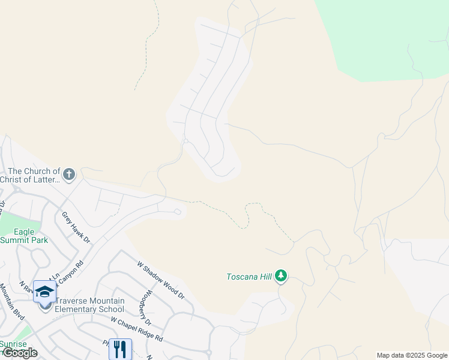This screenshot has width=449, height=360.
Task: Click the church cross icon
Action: click(69, 174)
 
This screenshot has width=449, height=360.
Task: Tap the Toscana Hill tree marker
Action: click(281, 277)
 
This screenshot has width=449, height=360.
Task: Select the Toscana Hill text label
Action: click(249, 277)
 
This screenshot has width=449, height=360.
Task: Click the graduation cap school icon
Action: click(44, 291)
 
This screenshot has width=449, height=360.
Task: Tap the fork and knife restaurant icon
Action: click(120, 349)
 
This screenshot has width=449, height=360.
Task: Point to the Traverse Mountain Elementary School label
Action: click(89, 305)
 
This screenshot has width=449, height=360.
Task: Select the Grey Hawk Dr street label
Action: click(76, 227)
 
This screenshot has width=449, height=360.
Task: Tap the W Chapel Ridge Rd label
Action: click(137, 329)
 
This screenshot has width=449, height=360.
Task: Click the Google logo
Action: click(19, 353)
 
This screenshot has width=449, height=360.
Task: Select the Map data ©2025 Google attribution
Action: click(412, 355)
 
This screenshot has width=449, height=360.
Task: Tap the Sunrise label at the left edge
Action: click(12, 343)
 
